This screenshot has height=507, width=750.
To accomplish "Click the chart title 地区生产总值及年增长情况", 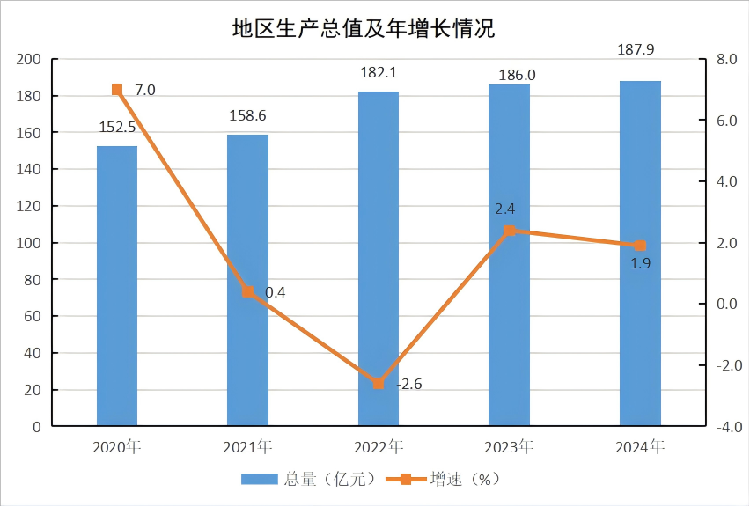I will tap(363, 29).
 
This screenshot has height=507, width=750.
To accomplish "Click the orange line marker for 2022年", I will tap(379, 384).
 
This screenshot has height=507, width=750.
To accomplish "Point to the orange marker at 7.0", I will tap(117, 90).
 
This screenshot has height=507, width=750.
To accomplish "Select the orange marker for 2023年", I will tap(509, 231).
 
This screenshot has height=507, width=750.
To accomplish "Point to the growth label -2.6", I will tap(409, 384).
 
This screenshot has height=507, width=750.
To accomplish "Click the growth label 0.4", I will tap(276, 292).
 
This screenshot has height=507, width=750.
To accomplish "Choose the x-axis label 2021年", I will tap(247, 447).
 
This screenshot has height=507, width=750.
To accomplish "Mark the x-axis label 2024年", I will tap(640, 447).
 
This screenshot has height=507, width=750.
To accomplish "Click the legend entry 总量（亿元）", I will tap(309, 479).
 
